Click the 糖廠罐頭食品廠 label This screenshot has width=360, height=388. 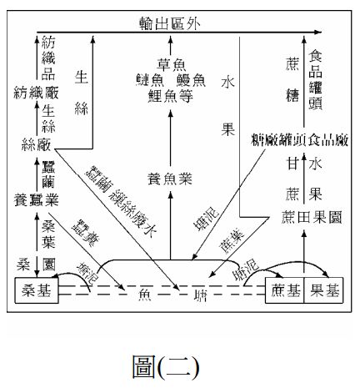[297, 139]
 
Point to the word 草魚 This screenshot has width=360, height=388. [172, 62]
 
